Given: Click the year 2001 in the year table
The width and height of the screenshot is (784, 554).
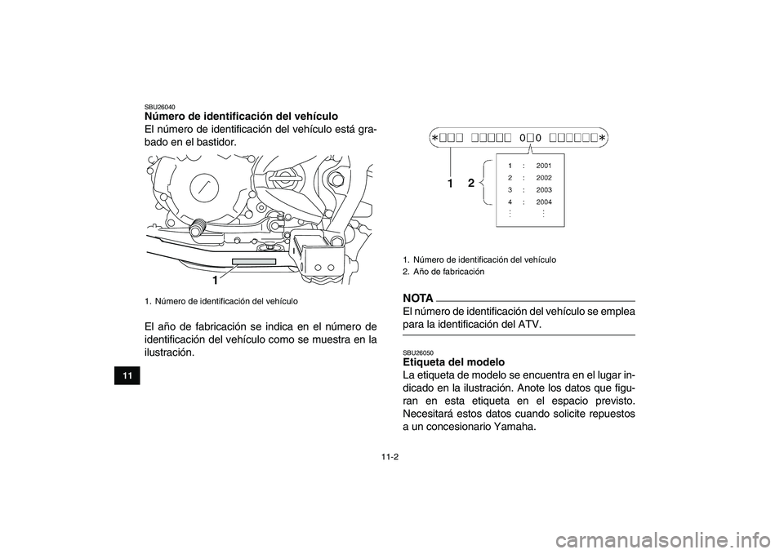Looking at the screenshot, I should [x=544, y=166].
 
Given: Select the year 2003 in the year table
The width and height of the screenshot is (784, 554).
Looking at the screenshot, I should [x=544, y=189].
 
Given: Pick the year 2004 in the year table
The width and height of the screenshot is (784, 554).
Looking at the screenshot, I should [x=544, y=202].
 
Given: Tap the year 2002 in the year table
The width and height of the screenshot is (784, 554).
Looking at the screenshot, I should [x=544, y=178].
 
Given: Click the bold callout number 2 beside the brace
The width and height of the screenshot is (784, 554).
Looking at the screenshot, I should [x=471, y=184].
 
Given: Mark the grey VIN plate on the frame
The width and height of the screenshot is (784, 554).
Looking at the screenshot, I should [x=254, y=262].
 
